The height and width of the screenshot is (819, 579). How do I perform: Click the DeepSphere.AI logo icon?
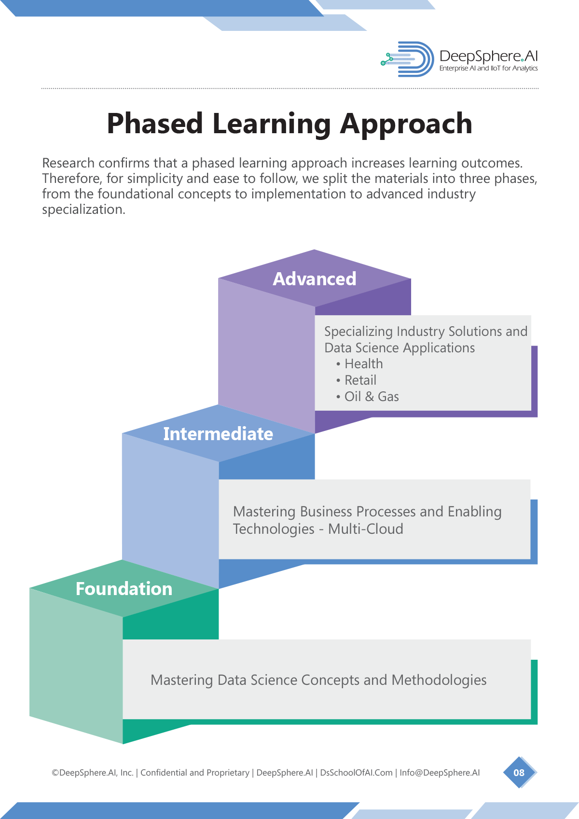407,59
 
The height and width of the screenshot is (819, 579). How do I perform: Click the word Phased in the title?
154,124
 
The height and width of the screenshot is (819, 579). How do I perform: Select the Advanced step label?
315,279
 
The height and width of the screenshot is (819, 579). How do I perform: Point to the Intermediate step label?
218,434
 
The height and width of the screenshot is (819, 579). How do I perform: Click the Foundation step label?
124,589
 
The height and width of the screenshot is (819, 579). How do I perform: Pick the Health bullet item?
359,364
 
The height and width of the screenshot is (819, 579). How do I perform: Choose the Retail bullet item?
356,380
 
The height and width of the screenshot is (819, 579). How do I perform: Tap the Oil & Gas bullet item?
367,397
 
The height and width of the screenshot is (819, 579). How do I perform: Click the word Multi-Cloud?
366,529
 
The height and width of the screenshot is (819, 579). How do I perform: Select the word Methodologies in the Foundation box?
439,680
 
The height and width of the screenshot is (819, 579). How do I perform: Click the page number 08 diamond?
520,772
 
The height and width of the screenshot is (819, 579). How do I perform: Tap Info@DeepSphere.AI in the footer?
440,773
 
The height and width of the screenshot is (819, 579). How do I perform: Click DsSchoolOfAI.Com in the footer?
357,773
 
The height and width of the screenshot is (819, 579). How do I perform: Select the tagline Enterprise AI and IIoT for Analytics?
488,69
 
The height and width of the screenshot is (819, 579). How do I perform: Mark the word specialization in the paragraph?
83,210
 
